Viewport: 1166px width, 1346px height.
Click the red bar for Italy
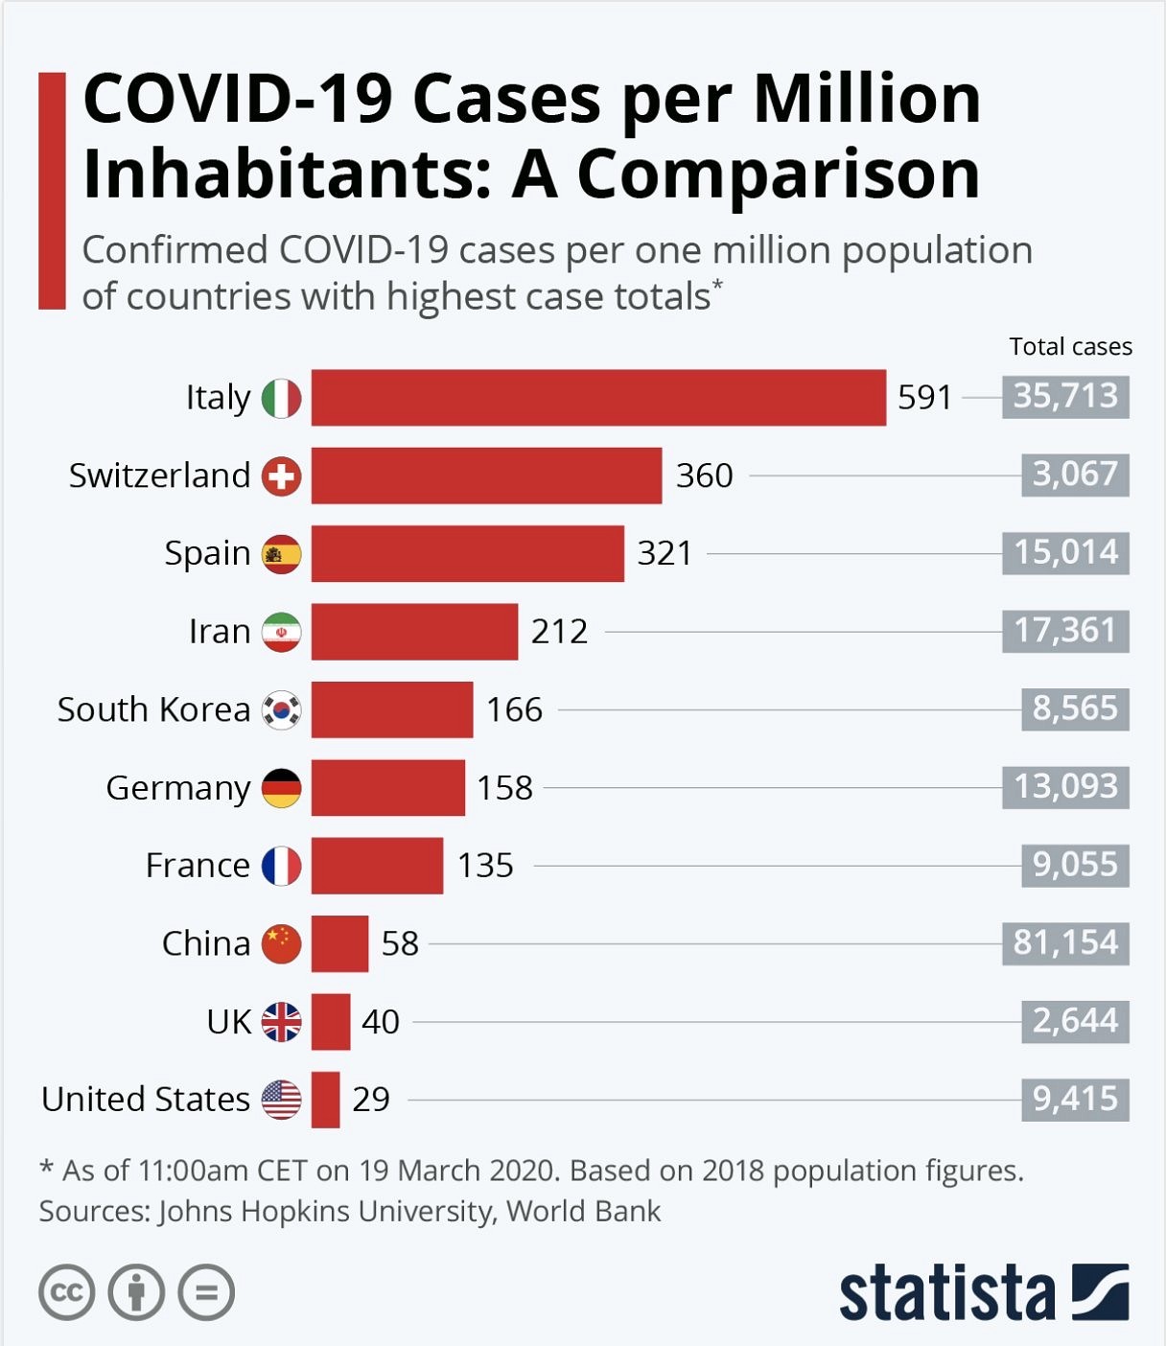598,397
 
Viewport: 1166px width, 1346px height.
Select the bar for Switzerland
486,476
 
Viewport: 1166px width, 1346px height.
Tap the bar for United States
325,1100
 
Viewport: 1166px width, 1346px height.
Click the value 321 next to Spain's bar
665,553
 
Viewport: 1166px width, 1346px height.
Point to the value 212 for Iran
559,632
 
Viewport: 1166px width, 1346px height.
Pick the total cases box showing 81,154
1065,942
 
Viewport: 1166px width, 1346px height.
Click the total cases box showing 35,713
1065,396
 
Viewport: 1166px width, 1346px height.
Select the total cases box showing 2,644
1074,1021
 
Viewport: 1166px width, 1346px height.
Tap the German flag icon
282,788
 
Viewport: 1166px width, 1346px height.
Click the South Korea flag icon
282,710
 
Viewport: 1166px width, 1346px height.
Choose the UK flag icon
282,1022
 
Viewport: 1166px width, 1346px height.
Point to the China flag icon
282,943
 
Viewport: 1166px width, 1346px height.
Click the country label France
198,866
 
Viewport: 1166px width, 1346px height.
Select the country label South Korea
153,709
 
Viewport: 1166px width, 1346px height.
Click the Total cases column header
1070,347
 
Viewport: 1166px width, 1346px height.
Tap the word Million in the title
867,99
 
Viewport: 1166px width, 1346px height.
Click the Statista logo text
946,1293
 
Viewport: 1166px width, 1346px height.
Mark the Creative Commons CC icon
67,1292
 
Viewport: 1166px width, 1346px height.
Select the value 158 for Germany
504,788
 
